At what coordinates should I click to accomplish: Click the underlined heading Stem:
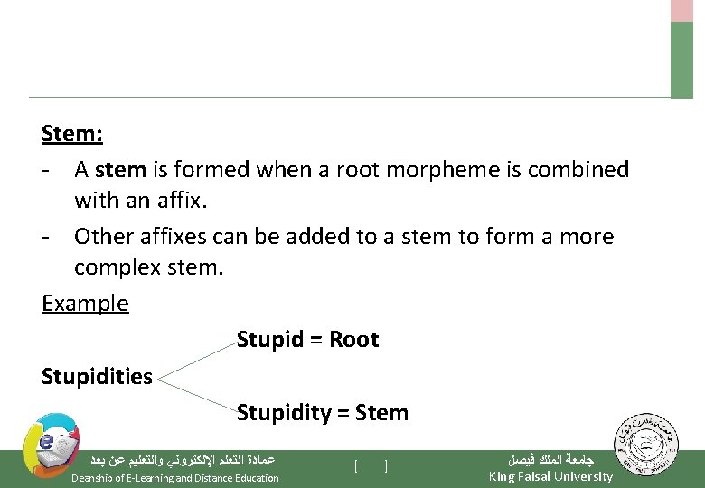72,135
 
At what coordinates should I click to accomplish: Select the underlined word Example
85,304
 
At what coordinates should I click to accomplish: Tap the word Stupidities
97,377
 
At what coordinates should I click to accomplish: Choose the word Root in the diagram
353,340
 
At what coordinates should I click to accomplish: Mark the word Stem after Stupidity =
381,413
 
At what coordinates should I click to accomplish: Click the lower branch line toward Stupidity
194,394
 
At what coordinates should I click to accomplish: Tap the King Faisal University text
550,477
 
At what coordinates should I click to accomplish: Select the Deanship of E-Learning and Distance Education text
174,478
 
